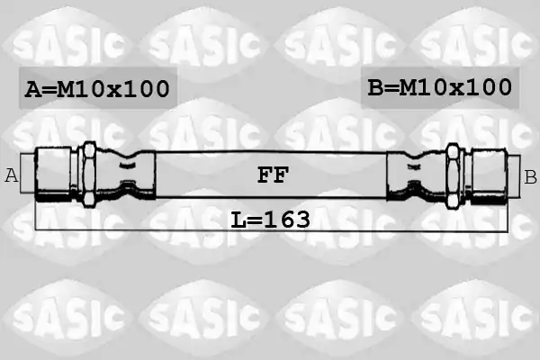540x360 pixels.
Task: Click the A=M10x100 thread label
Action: [x=97, y=89]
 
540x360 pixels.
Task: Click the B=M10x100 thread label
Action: [x=440, y=87]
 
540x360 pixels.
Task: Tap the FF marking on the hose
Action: [x=273, y=175]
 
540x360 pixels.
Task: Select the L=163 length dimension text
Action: [x=270, y=220]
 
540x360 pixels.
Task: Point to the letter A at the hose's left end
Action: [x=12, y=175]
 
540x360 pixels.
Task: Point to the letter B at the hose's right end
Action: [x=530, y=177]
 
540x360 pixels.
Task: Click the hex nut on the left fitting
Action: [x=89, y=175]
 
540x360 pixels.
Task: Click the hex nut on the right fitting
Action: [x=453, y=176]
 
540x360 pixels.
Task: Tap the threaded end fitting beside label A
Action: [x=53, y=175]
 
